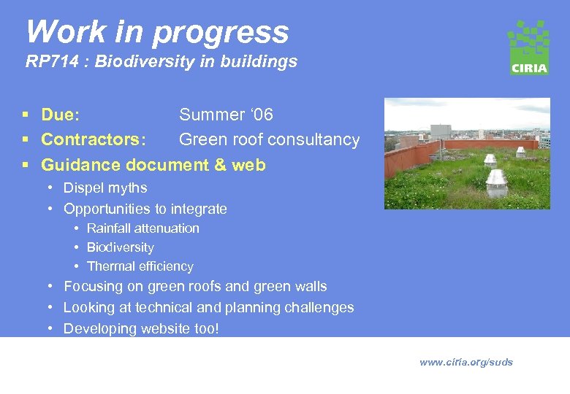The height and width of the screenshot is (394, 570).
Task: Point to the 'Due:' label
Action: click(61, 115)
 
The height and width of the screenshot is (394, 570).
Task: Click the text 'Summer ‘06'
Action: click(226, 115)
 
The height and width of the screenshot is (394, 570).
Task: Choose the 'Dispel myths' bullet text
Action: click(105, 188)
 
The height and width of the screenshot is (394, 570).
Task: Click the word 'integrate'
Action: click(197, 209)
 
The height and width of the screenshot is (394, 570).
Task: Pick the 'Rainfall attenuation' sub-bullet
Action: click(142, 228)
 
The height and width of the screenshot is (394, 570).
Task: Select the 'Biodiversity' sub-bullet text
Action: click(120, 247)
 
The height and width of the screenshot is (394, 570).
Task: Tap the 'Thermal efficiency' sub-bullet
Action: click(140, 266)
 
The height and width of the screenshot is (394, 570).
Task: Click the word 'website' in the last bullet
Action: click(162, 329)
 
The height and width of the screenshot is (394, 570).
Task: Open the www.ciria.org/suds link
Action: click(465, 363)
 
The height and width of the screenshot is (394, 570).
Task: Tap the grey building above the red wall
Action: click(441, 132)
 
